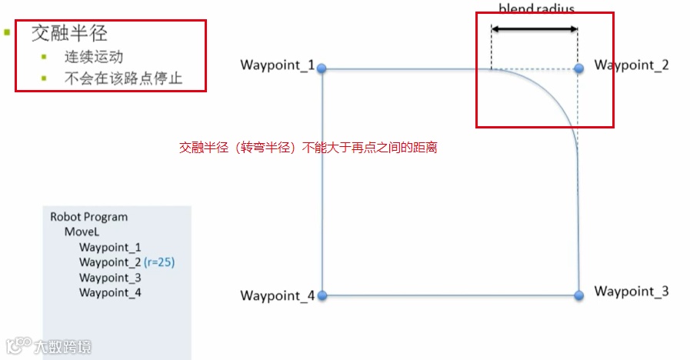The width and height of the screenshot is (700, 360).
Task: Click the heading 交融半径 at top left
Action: click(69, 34)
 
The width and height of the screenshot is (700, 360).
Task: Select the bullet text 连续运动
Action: click(94, 57)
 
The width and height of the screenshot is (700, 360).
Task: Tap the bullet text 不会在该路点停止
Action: click(124, 78)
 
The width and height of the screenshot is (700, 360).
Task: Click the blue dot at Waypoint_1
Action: click(322, 68)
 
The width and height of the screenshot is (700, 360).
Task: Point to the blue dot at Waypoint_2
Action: click(578, 68)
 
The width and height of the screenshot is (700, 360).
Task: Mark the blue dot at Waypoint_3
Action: click(578, 294)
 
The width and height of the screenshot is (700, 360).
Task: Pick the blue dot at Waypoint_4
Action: click(322, 295)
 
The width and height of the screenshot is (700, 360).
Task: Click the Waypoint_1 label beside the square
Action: click(277, 65)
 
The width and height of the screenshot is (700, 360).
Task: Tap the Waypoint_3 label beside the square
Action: click(632, 292)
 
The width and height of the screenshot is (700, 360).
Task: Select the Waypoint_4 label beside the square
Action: click(277, 295)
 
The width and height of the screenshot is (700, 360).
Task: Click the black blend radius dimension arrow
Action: click(535, 29)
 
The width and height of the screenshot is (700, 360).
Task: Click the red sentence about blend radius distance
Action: click(308, 147)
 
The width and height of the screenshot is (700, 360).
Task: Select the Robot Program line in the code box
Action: click(88, 217)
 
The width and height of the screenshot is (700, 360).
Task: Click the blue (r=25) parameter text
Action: click(159, 262)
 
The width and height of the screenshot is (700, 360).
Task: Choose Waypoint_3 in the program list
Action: click(110, 277)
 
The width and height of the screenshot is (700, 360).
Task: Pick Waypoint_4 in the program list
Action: click(110, 292)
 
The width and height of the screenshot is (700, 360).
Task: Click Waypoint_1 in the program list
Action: click(110, 247)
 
